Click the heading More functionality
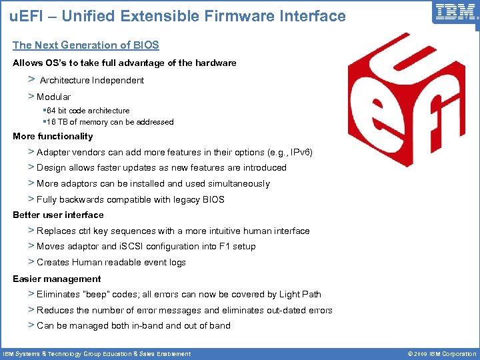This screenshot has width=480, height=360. pyautogui.click(x=53, y=136)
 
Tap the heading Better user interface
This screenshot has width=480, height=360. pyautogui.click(x=58, y=215)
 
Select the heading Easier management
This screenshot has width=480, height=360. pyautogui.click(x=57, y=279)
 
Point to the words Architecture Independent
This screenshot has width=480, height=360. pyautogui.click(x=92, y=81)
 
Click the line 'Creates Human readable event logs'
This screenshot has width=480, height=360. pyautogui.click(x=111, y=263)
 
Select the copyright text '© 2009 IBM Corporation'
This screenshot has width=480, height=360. pyautogui.click(x=437, y=354)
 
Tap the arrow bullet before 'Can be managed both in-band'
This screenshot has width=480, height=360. pyautogui.click(x=31, y=325)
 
